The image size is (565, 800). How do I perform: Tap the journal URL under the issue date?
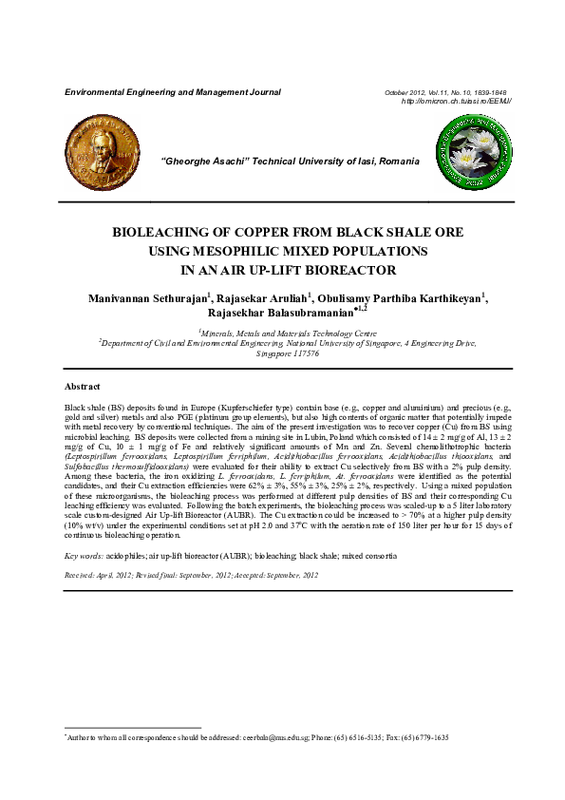coord(457,101)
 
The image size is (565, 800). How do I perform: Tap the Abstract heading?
coord(82,388)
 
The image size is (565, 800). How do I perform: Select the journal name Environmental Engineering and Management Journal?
coord(172,93)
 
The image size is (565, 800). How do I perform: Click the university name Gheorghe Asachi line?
coord(292,162)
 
